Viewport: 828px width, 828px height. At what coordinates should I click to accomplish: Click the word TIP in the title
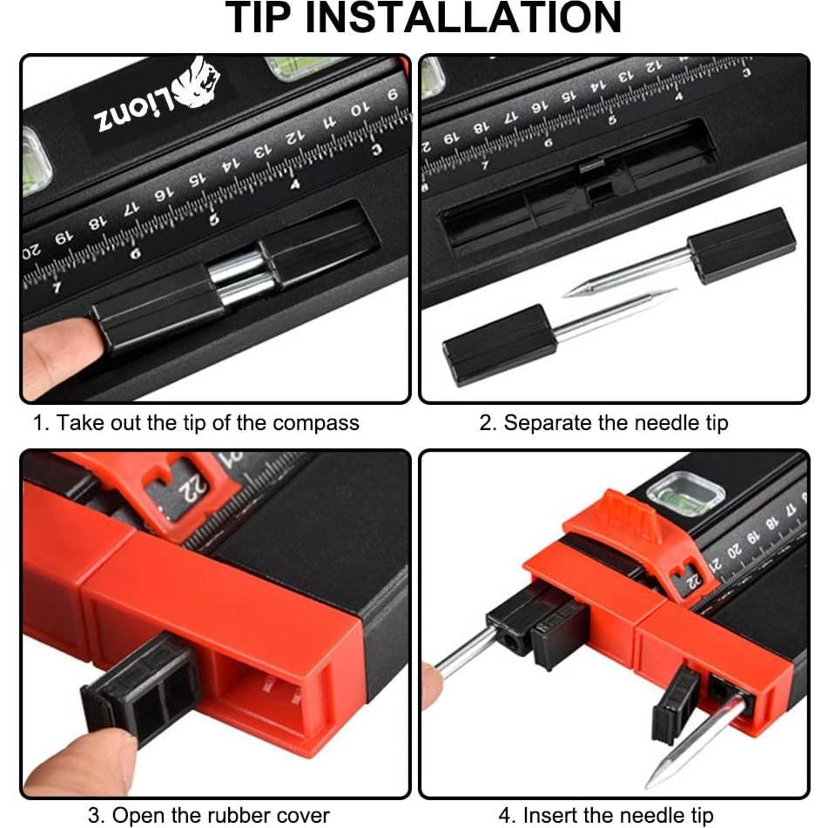266,19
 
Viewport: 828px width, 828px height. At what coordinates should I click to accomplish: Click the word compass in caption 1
315,424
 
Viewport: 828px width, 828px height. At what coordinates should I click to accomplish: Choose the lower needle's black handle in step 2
498,344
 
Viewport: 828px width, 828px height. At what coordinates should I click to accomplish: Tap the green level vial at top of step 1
296,66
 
